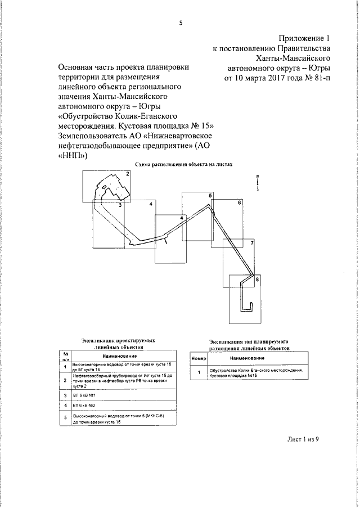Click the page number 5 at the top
point(181,23)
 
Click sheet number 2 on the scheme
point(128,174)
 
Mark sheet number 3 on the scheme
point(120,205)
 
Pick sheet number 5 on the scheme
point(210,195)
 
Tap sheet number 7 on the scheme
point(253,243)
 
